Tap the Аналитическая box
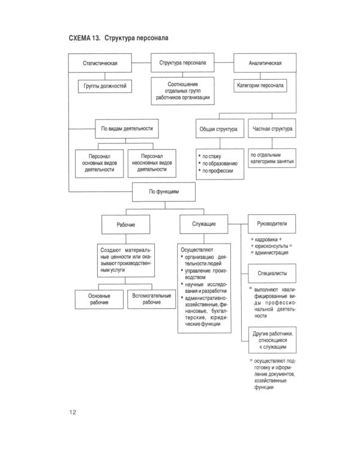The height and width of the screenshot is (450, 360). click(x=265, y=63)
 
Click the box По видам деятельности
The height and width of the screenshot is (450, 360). click(x=125, y=128)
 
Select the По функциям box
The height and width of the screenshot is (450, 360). click(x=164, y=191)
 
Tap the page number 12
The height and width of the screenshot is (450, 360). click(x=71, y=412)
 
